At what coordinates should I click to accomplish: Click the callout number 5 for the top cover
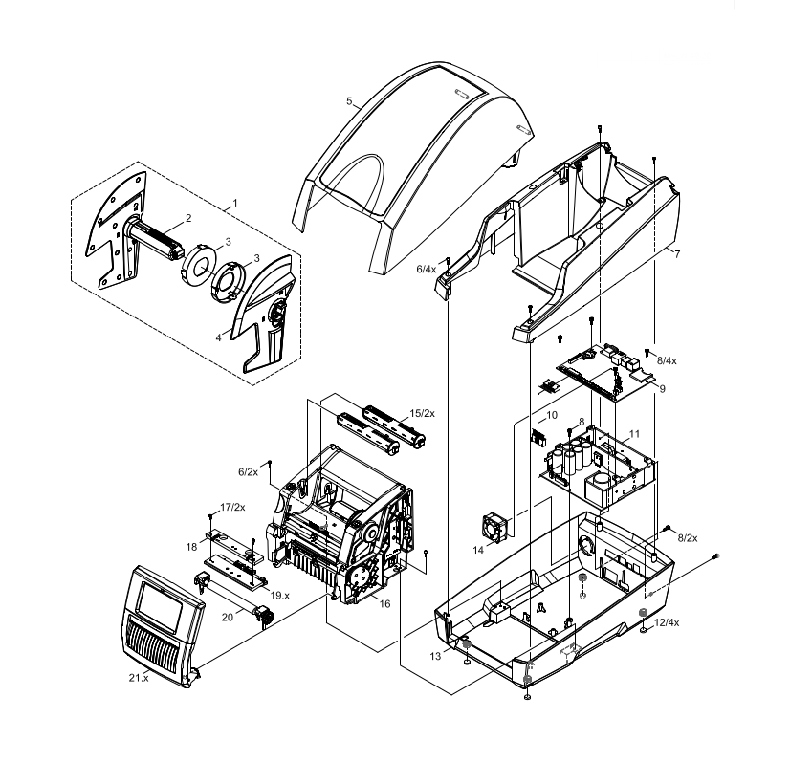tap(350, 99)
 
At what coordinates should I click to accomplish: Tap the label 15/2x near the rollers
tap(422, 413)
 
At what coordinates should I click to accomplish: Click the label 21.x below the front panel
tap(139, 677)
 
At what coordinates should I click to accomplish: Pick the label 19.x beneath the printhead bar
tap(279, 595)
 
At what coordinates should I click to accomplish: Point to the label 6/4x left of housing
tap(425, 271)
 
